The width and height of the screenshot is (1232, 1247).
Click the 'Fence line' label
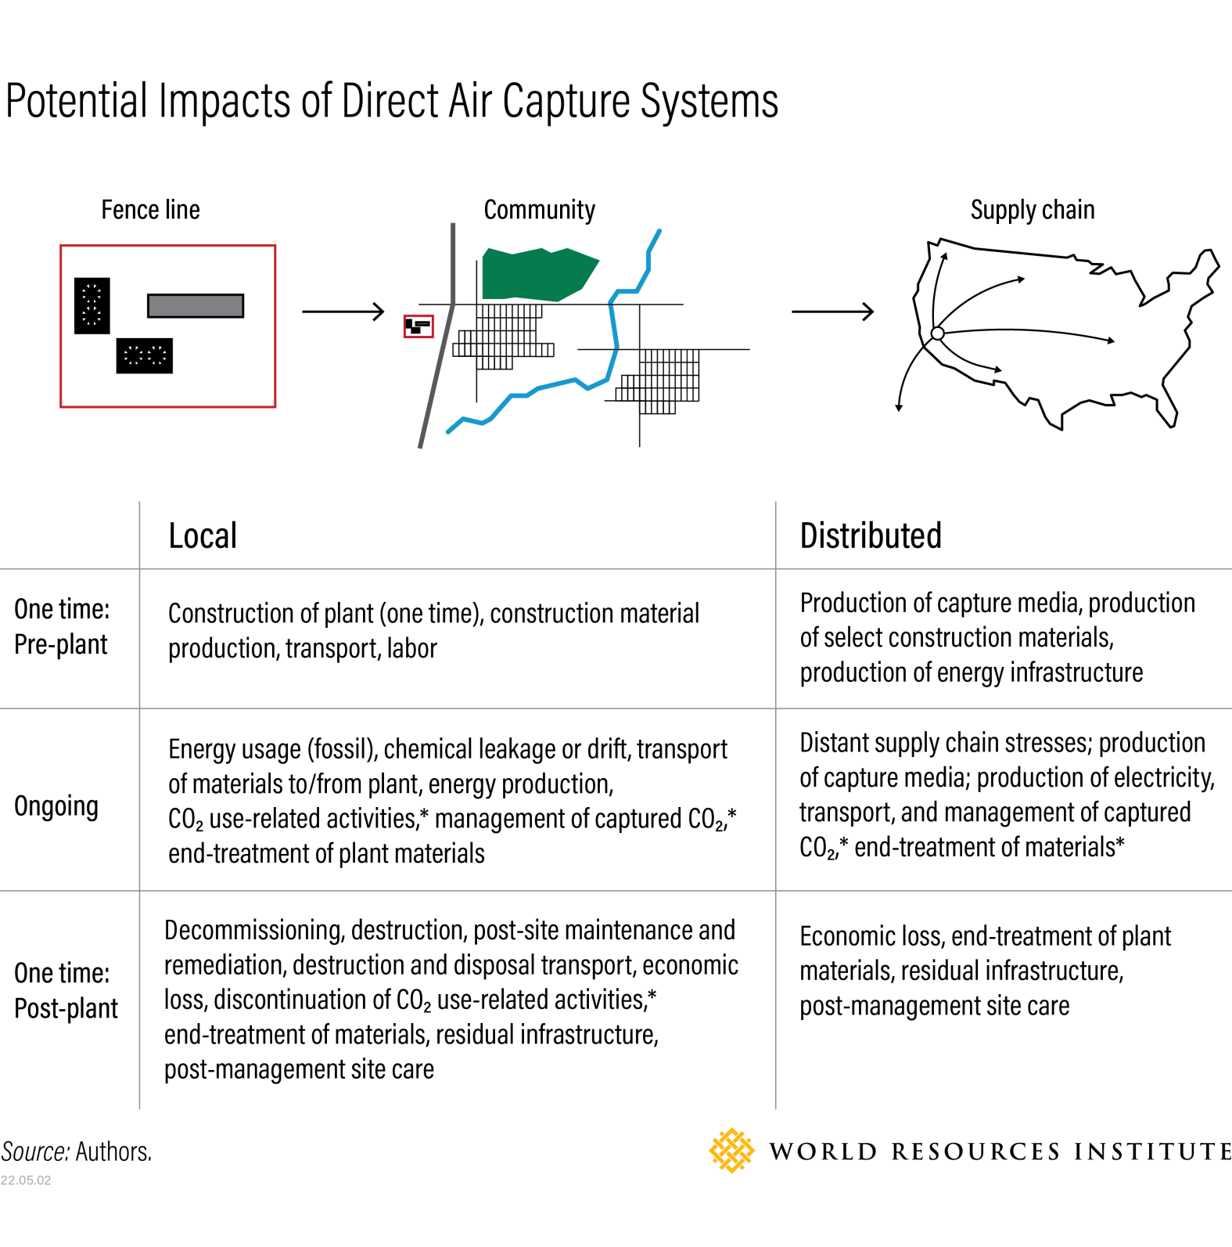click(150, 210)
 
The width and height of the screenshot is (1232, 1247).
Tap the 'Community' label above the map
click(539, 210)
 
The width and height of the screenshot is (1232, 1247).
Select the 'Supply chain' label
click(1032, 210)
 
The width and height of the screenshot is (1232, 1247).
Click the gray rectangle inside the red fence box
click(196, 305)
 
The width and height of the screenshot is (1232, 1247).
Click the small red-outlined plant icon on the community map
click(418, 326)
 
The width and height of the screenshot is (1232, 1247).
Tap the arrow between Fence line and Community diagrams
click(343, 312)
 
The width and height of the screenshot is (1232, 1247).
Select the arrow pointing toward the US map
click(832, 312)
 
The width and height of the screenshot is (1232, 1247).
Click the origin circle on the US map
click(938, 333)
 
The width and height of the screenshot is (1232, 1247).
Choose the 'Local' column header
click(203, 536)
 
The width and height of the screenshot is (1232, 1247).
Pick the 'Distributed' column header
click(871, 536)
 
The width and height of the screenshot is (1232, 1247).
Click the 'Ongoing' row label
click(56, 806)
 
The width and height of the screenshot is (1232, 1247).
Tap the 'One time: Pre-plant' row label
click(62, 626)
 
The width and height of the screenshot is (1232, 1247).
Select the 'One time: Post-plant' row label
click(66, 990)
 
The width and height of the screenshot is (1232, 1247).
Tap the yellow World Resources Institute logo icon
click(731, 1151)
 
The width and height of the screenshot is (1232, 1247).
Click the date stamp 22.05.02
click(26, 1180)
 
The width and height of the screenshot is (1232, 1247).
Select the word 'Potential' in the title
click(77, 101)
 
